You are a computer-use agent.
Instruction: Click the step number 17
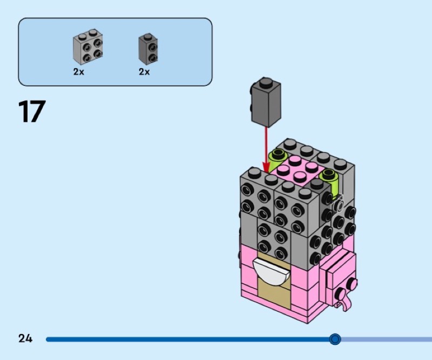32,111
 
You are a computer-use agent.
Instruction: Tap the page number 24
25,338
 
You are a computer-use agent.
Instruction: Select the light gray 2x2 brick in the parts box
88,47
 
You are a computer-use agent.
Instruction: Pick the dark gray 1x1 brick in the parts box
148,49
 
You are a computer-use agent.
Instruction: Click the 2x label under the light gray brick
78,72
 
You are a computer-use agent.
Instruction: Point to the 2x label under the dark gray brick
144,72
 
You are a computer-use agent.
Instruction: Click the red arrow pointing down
266,150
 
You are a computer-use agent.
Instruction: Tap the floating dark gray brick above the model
266,102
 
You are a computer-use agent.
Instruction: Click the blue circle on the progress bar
335,339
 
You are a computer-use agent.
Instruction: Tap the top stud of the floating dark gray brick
265,82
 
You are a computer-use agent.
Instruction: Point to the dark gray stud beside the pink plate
317,183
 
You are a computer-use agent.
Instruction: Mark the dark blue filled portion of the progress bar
190,339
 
